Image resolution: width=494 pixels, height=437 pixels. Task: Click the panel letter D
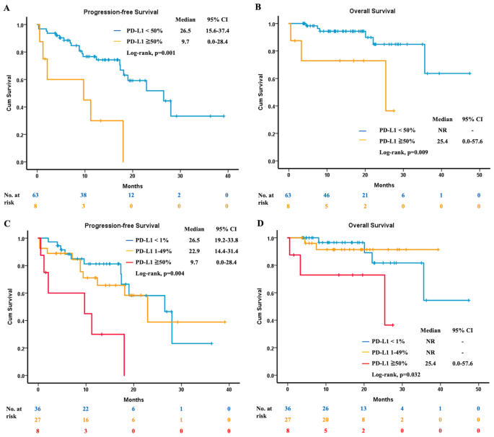(x=257, y=223)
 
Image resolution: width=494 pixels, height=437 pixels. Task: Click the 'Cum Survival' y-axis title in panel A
(x=11, y=93)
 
